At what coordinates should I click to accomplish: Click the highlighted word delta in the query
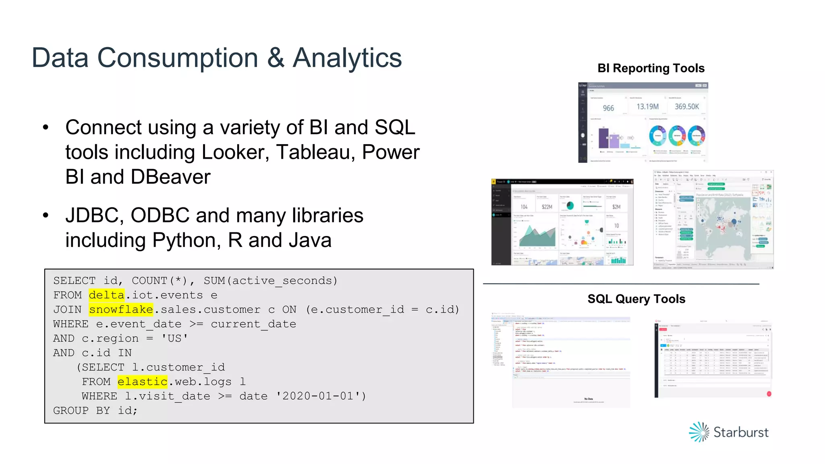click(106, 295)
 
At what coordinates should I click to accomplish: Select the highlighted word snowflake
click(121, 310)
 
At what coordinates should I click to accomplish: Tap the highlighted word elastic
click(142, 382)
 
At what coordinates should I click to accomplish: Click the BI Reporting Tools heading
click(651, 68)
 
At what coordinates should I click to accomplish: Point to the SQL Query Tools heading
click(636, 299)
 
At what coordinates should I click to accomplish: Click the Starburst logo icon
click(699, 432)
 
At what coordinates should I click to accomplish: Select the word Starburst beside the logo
click(741, 433)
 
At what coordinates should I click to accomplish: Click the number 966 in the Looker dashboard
click(608, 108)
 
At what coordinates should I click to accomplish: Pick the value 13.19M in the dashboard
click(647, 107)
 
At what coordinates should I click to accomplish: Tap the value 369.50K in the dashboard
click(687, 107)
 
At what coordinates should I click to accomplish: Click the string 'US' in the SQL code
click(174, 339)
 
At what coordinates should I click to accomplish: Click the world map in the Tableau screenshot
click(723, 226)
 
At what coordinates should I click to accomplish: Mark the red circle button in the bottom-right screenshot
click(769, 394)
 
